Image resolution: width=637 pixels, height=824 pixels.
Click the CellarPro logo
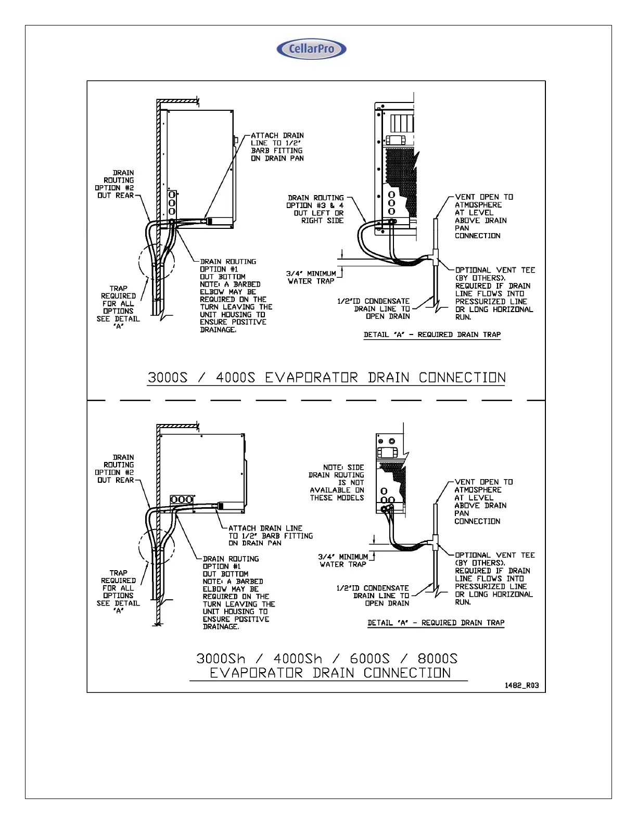(311, 49)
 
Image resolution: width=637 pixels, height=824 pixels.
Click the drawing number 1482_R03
(521, 685)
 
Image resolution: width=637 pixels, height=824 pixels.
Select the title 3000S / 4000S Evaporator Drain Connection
(326, 378)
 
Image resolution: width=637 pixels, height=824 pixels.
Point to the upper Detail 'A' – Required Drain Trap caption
(432, 334)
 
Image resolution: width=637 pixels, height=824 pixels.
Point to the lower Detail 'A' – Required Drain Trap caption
(436, 623)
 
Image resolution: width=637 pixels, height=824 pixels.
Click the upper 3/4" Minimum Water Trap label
(311, 277)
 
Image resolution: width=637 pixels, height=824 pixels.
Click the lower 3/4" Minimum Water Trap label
(343, 560)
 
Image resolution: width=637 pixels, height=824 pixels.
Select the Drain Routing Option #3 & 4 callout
(316, 209)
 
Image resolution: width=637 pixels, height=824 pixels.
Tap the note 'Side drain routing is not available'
(337, 483)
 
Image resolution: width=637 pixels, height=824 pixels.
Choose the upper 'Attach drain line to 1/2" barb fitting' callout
(277, 147)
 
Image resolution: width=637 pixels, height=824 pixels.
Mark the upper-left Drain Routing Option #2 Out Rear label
(115, 184)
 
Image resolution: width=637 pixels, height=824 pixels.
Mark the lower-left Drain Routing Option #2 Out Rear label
(115, 469)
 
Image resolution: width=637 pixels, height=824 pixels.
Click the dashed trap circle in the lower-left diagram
(157, 547)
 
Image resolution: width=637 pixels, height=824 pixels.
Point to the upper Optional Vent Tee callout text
(494, 293)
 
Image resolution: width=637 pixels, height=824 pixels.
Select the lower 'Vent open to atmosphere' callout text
(483, 501)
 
